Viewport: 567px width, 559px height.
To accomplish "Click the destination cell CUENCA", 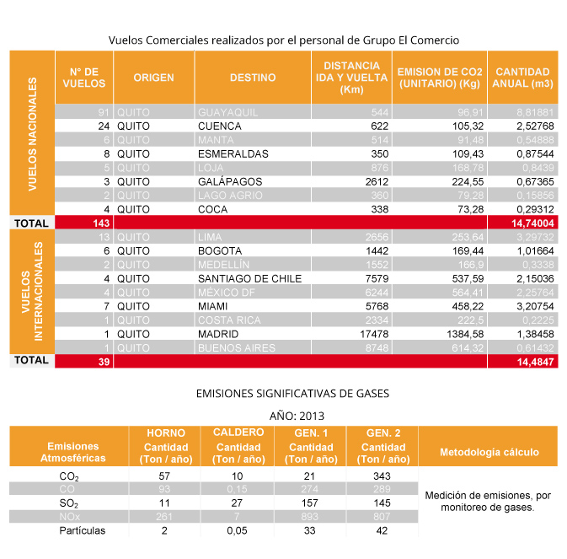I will [220, 126].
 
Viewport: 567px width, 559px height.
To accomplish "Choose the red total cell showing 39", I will [83, 361].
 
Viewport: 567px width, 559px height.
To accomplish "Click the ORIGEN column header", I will [153, 78].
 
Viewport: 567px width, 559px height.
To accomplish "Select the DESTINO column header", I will [253, 78].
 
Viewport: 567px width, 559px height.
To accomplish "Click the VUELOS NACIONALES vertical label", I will [32, 135].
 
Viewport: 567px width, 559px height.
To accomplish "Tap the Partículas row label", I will [83, 531].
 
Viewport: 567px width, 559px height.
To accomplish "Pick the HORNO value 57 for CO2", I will [165, 476].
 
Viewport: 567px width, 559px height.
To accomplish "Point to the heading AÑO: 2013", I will [296, 416].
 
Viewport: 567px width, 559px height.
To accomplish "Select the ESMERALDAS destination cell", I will [233, 154].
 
